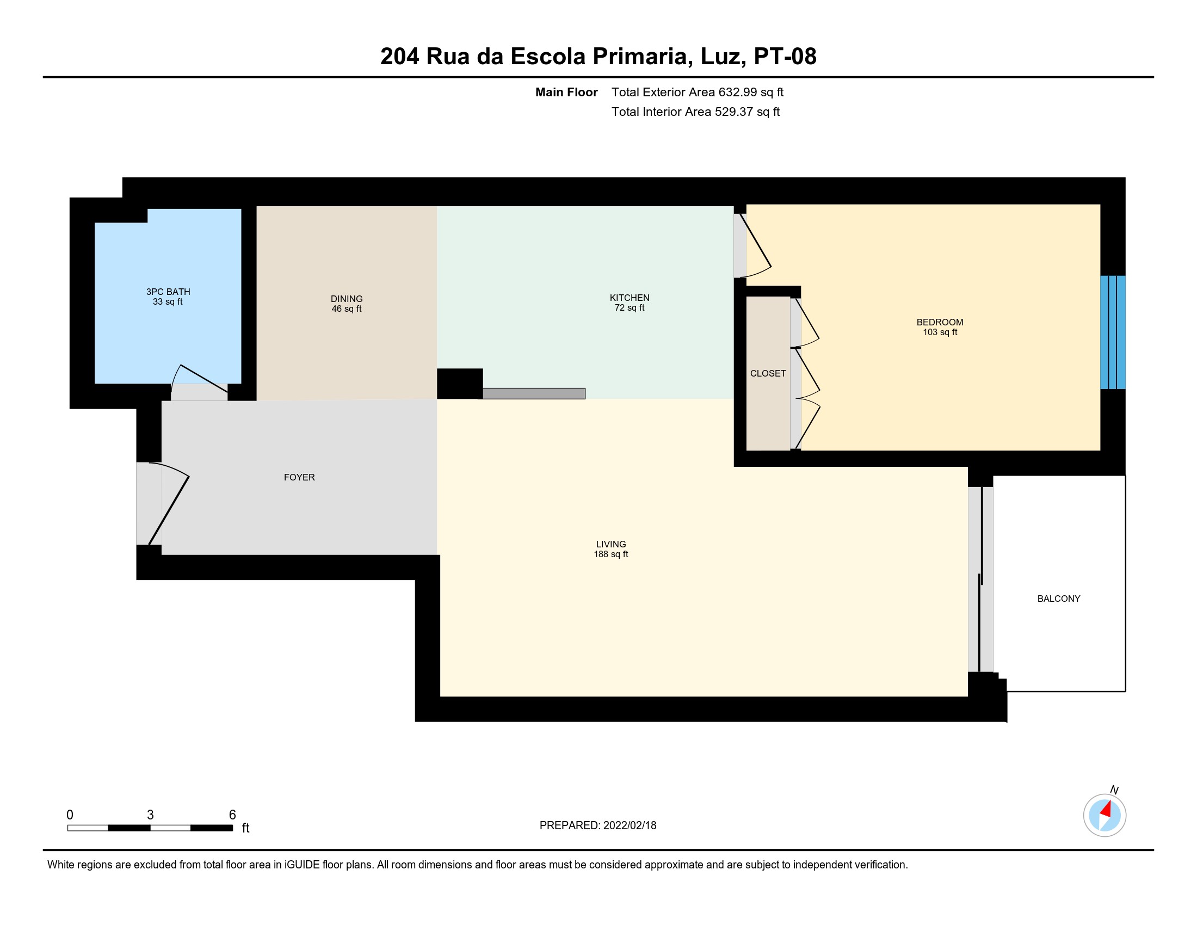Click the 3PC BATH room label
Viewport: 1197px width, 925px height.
pyautogui.click(x=168, y=292)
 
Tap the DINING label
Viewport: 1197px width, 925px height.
pyautogui.click(x=347, y=299)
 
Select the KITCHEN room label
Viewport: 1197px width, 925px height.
pyautogui.click(x=629, y=298)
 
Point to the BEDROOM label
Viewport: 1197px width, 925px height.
pyautogui.click(x=940, y=322)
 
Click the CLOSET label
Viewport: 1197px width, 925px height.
pyautogui.click(x=768, y=373)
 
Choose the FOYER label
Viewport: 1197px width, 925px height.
pyautogui.click(x=299, y=477)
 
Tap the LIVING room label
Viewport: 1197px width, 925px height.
pyautogui.click(x=611, y=544)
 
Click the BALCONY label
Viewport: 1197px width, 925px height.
pyautogui.click(x=1058, y=599)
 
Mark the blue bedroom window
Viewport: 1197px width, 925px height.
pyautogui.click(x=1113, y=332)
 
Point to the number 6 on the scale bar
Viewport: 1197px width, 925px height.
pyautogui.click(x=232, y=815)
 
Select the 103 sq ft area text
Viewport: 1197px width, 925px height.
pyautogui.click(x=940, y=332)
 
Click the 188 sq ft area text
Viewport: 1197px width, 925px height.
pyautogui.click(x=610, y=554)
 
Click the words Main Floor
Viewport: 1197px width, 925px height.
pyautogui.click(x=566, y=92)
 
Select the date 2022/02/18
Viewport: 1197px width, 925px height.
pyautogui.click(x=630, y=825)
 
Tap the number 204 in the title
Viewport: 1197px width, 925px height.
pyautogui.click(x=399, y=57)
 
